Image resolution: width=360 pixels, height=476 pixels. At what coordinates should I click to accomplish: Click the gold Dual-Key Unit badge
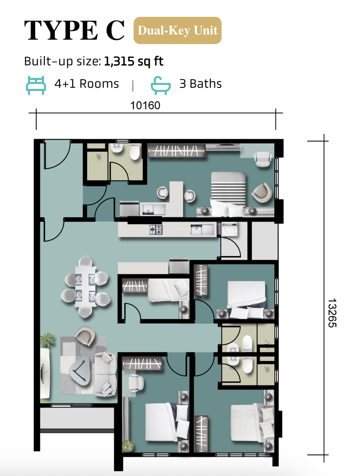click(177, 30)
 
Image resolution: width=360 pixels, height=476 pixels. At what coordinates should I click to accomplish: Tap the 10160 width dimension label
click(145, 105)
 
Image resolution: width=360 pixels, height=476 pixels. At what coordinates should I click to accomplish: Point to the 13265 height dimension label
click(332, 313)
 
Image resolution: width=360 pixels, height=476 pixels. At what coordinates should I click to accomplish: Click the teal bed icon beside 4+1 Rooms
click(36, 85)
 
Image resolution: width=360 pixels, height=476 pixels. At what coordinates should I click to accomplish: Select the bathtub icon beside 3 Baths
click(161, 85)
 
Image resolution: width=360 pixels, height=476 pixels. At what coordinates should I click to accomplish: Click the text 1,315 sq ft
click(134, 61)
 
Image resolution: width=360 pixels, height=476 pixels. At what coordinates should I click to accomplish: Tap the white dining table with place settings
click(85, 286)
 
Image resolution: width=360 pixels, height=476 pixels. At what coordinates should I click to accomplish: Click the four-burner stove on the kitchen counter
click(156, 230)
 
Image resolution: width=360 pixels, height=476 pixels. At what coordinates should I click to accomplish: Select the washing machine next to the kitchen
click(230, 230)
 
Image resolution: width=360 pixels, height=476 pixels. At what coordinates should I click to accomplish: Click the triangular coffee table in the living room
click(80, 370)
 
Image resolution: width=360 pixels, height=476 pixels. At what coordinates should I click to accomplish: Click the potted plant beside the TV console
click(47, 340)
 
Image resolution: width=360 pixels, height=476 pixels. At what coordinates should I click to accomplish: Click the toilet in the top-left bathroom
click(134, 152)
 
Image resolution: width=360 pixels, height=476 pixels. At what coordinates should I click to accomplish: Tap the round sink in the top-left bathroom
click(116, 149)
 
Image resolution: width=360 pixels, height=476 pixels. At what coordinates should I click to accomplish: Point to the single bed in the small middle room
click(168, 290)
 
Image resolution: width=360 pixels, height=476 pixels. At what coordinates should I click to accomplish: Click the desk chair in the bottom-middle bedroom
click(136, 383)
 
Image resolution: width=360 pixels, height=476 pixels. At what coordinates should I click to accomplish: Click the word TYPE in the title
click(61, 30)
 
